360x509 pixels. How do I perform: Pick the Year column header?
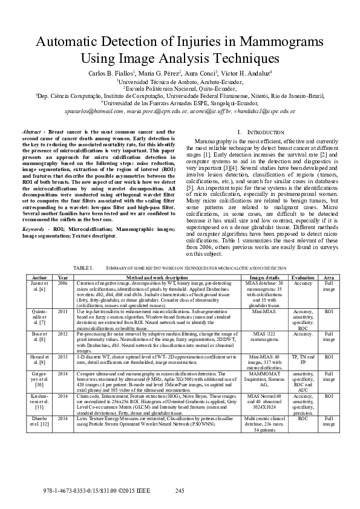point(63,276)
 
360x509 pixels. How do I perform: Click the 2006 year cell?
point(63,282)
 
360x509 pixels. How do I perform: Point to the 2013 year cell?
point(63,357)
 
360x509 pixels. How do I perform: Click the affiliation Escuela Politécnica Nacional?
point(179,87)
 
